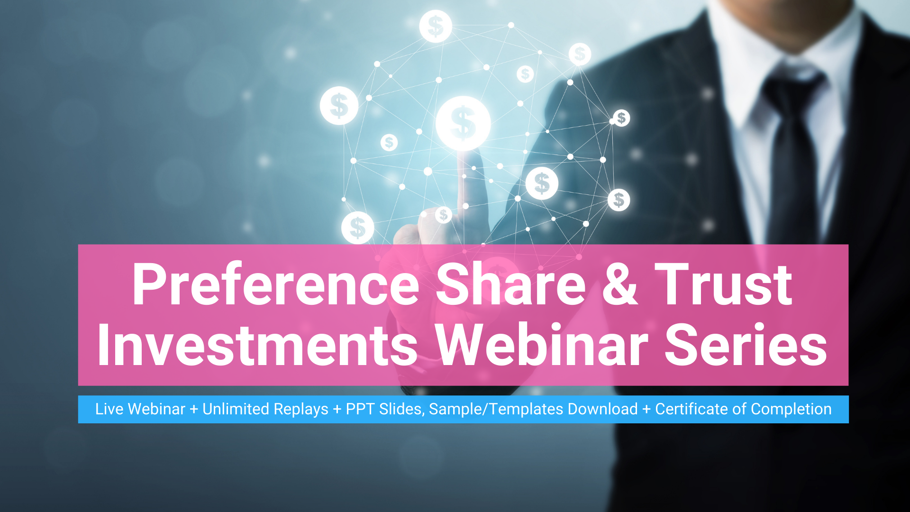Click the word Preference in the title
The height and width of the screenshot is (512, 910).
coord(276,284)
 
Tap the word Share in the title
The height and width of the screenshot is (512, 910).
coord(511,284)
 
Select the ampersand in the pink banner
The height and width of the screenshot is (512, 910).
coord(620,284)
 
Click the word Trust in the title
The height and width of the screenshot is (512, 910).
coord(723,284)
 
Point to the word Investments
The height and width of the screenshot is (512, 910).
coord(258,345)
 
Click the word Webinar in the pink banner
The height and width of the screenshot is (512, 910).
coord(541,345)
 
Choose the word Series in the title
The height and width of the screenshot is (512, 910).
coord(746,345)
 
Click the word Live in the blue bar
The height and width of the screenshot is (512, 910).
coord(109,409)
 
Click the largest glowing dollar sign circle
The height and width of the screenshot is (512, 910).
coord(463,123)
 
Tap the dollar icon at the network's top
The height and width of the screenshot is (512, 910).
coord(436,26)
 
